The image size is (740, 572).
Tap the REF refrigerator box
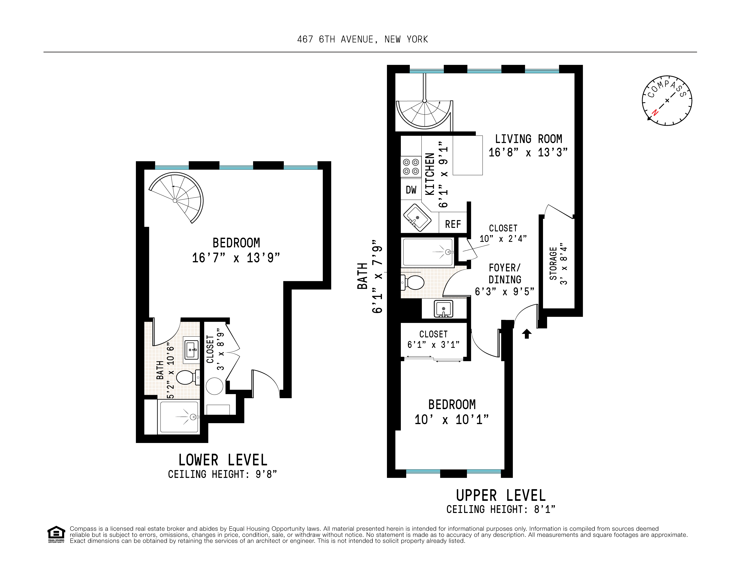pyautogui.click(x=453, y=224)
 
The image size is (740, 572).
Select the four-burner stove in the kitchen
pyautogui.click(x=411, y=167)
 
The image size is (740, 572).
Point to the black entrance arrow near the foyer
pyautogui.click(x=527, y=334)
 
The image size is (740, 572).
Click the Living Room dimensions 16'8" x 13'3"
pyautogui.click(x=528, y=153)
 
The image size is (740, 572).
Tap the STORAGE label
pyautogui.click(x=553, y=264)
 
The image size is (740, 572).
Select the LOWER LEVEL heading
pyautogui.click(x=223, y=460)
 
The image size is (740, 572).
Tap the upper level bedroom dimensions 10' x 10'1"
pyautogui.click(x=452, y=419)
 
